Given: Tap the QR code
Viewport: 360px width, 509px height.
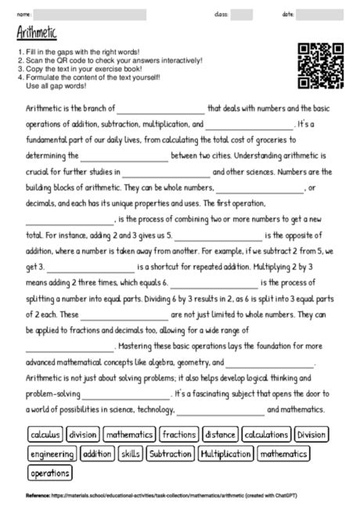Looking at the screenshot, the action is [322, 66].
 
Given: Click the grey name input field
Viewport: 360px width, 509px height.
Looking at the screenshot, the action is [90, 14].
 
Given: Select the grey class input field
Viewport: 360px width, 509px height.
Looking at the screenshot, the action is [242, 14].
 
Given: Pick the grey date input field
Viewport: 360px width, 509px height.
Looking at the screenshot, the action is [320, 14].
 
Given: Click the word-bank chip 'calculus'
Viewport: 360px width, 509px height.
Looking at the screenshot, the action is [45, 434].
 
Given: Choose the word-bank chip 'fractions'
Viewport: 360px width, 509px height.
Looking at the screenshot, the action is [179, 434].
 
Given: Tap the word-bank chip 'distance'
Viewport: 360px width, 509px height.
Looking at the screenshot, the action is [220, 434].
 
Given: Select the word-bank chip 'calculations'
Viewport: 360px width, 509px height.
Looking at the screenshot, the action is [266, 434].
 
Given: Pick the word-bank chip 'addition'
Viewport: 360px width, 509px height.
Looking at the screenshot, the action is [97, 453].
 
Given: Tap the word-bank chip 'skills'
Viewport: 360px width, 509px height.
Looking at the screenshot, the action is [131, 453].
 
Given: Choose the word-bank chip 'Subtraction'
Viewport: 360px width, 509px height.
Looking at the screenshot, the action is [170, 453].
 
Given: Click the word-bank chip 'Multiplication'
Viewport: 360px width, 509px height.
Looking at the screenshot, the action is [225, 453].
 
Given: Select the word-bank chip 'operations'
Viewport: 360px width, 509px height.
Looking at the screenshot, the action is [49, 473].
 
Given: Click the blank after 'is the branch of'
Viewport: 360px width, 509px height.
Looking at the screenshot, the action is [160, 109].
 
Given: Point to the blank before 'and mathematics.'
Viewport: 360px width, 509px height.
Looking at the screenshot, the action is [221, 410].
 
